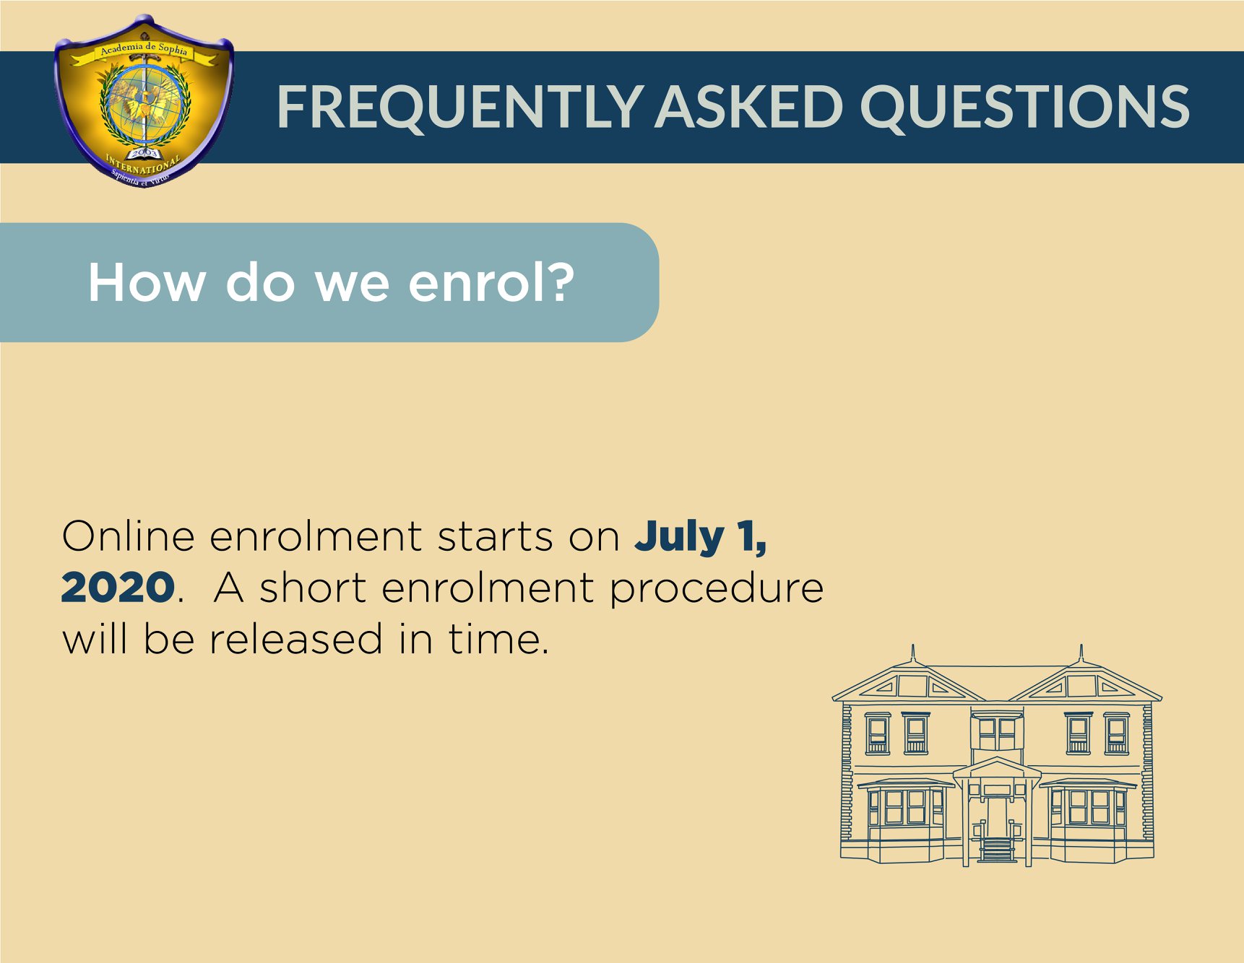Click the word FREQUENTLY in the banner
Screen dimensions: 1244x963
[459, 107]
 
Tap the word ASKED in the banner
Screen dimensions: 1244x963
[749, 106]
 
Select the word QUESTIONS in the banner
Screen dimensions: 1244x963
[1024, 107]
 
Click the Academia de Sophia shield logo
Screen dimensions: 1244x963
[143, 101]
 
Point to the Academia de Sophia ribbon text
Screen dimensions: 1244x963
[144, 49]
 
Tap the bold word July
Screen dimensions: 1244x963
[679, 538]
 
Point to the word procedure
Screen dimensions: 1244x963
[716, 589]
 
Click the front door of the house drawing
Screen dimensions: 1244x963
[998, 816]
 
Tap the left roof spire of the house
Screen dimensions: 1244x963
[913, 653]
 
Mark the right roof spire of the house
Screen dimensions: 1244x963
[1081, 653]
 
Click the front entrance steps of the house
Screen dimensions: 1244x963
[998, 850]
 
